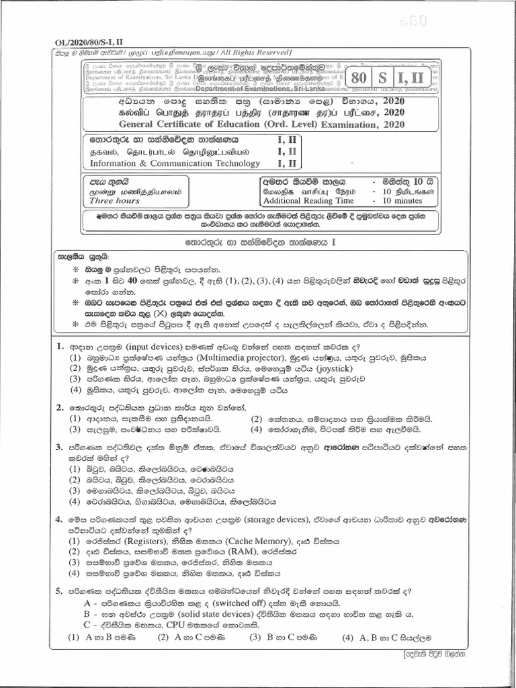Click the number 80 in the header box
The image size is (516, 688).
click(x=358, y=78)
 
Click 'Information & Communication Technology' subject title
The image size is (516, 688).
click(x=175, y=163)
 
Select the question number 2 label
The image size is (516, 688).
click(x=59, y=407)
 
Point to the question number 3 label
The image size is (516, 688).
click(x=59, y=446)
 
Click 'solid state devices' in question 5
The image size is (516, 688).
click(x=214, y=614)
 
